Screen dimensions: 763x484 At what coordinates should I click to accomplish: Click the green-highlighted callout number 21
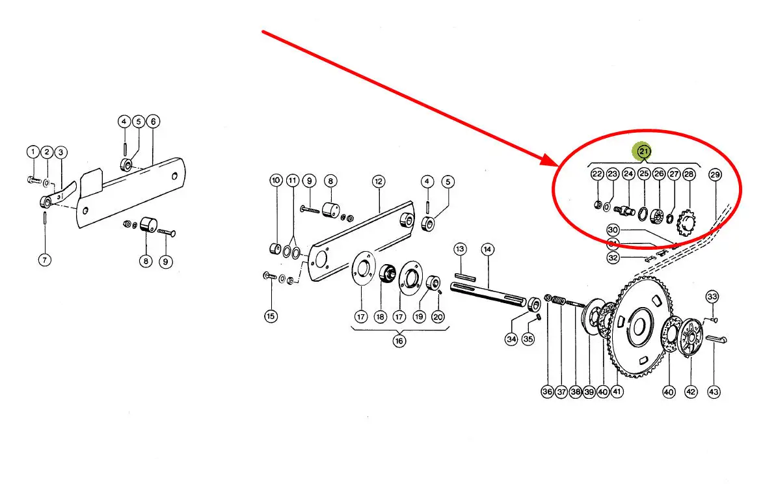click(643, 151)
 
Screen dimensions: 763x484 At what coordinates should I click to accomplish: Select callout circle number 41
click(617, 392)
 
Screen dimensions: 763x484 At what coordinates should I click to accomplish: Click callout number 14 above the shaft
click(488, 249)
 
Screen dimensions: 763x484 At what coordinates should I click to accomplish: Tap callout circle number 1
click(33, 152)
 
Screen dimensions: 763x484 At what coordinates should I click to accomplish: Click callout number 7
click(44, 260)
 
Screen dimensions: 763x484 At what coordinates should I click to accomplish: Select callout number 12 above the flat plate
click(379, 180)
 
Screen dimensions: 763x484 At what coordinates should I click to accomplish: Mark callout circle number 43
click(714, 392)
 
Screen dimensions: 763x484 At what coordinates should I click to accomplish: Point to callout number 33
click(712, 297)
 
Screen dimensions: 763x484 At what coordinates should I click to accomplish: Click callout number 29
click(715, 174)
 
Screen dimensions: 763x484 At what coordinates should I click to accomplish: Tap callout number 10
click(275, 180)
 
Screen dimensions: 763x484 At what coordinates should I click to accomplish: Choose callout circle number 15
click(271, 317)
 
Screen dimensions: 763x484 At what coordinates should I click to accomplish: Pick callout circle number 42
click(691, 392)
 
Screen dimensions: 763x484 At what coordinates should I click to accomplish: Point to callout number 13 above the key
click(461, 249)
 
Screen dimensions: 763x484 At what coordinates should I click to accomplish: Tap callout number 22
click(596, 174)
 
